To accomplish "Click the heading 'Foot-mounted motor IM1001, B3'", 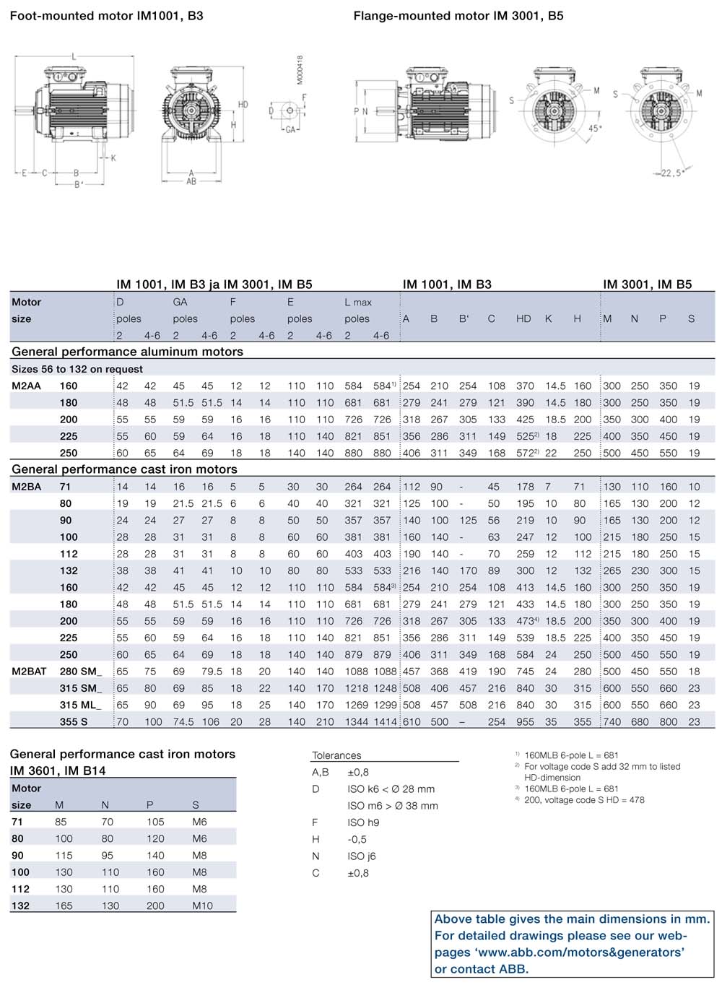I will tap(106, 15).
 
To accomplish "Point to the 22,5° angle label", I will tap(671, 173).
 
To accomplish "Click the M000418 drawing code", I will tap(300, 70).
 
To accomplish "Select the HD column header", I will tap(523, 318).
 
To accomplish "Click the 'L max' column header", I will tap(358, 302).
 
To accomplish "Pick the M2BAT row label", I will tap(29, 671).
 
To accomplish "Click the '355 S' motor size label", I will tap(74, 721).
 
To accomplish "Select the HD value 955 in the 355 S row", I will tap(525, 721).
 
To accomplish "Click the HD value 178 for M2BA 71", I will tap(525, 487).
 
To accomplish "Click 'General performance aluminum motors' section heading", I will tap(127, 352).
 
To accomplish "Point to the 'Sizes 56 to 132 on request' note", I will tap(77, 369).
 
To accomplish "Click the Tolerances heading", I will tap(336, 755).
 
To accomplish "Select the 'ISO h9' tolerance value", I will tap(363, 822).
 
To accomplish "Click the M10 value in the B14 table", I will tap(202, 906).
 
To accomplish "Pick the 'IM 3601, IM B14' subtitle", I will tap(58, 770).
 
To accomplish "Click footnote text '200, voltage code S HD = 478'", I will tap(584, 799).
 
